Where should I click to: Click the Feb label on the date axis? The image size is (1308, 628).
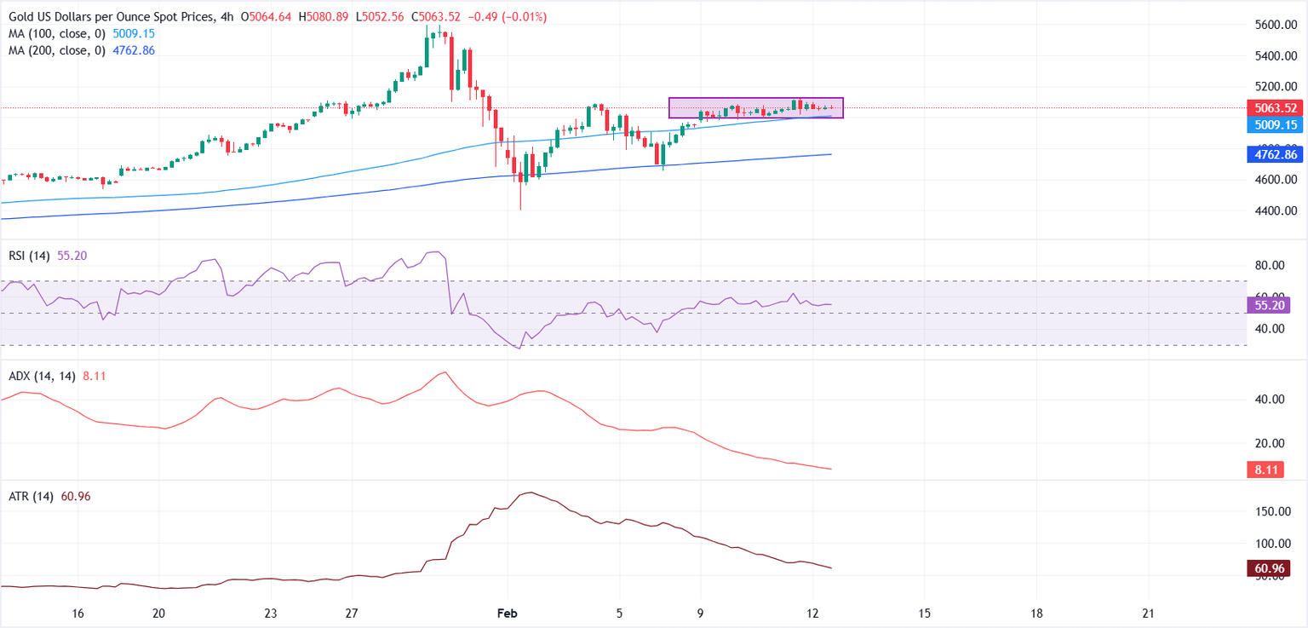coord(508,614)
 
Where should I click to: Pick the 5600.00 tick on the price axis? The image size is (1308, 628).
coord(1275,26)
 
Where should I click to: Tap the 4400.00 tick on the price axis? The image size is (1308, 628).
coord(1275,211)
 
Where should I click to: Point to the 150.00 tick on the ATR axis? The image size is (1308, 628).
coord(1275,511)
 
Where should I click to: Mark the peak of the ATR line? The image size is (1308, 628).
coord(531,493)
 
